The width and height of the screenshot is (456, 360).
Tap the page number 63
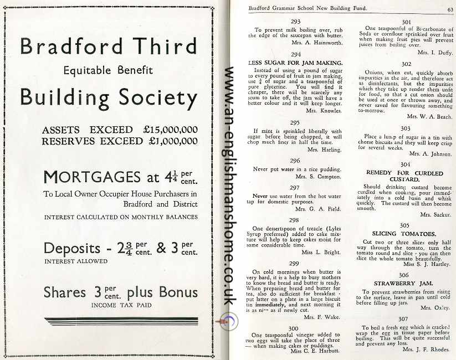point(450,8)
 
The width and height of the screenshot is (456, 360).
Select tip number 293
point(295,22)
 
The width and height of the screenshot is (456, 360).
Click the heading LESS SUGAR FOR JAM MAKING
point(295,63)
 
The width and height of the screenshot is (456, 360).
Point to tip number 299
point(295,264)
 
